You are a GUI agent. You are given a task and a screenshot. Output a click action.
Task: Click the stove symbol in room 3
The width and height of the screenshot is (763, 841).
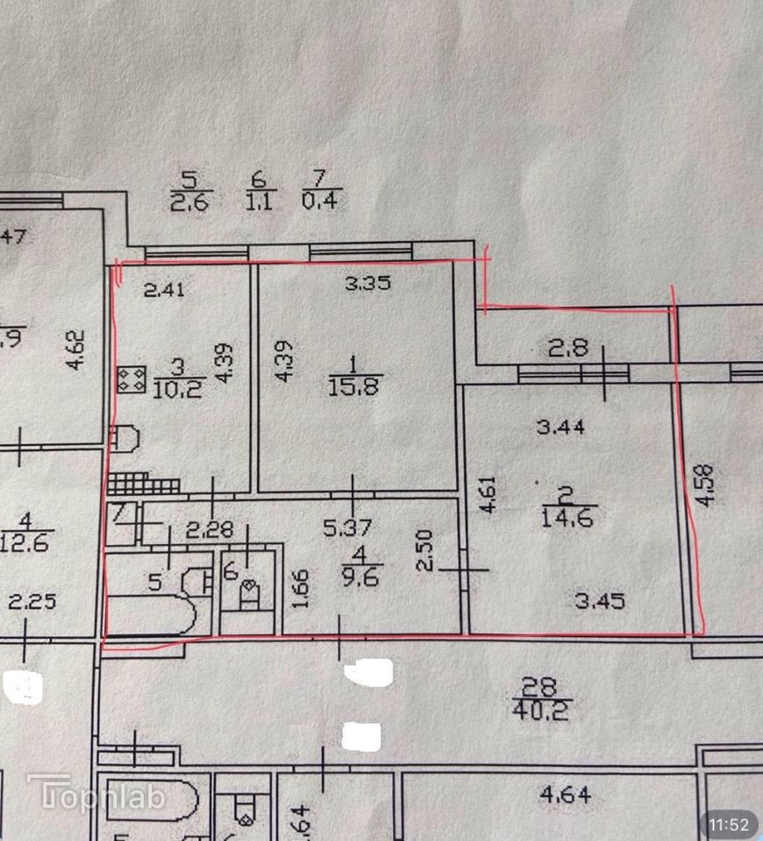pyautogui.click(x=134, y=379)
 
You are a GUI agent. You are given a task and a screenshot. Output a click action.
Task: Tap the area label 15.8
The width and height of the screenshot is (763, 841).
pyautogui.click(x=356, y=385)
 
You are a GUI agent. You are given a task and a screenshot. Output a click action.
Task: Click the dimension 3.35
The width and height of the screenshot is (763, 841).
pyautogui.click(x=367, y=283)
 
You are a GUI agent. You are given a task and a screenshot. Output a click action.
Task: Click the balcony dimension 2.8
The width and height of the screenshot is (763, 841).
pyautogui.click(x=568, y=347)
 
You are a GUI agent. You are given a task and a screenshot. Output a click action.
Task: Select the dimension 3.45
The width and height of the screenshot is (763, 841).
pyautogui.click(x=600, y=601)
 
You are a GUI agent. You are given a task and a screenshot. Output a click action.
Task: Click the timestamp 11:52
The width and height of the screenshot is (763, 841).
pyautogui.click(x=729, y=824)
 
